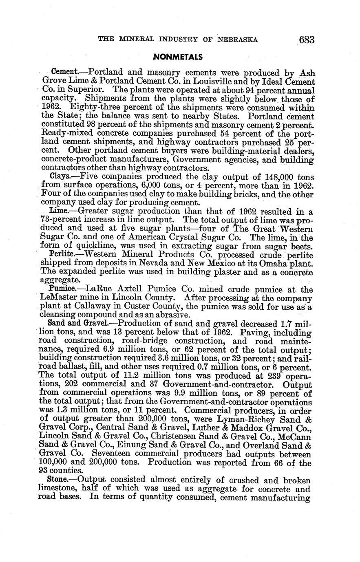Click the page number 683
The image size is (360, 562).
(x=307, y=40)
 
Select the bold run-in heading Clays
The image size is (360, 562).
(x=61, y=176)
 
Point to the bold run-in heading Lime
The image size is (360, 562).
(x=60, y=211)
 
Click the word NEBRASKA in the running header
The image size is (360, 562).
(x=238, y=40)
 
